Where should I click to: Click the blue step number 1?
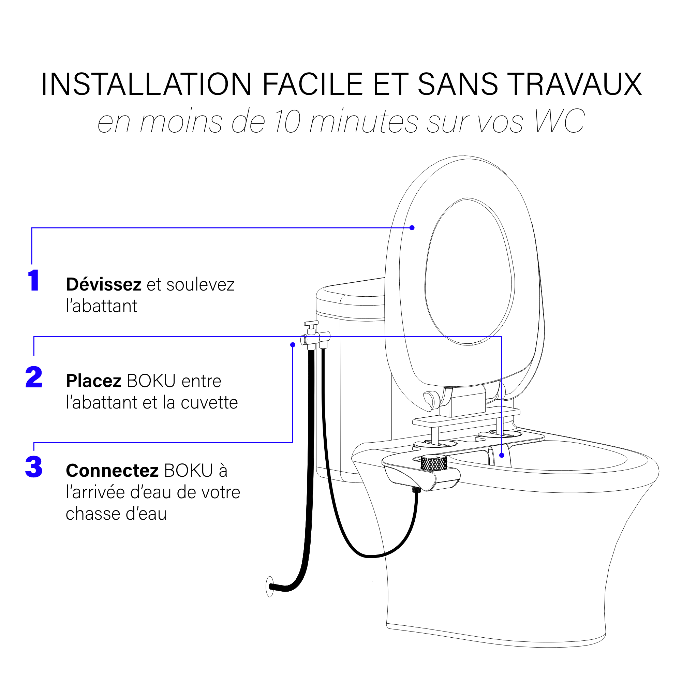[x=33, y=280]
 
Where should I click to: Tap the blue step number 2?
[x=34, y=377]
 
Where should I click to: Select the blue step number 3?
[x=34, y=467]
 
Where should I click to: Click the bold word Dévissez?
[x=104, y=284]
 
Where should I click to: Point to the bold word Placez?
[x=94, y=381]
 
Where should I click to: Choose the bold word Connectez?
[x=112, y=471]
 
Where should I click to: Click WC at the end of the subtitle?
[x=560, y=121]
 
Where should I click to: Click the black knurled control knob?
[x=434, y=463]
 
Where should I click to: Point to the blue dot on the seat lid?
[x=412, y=228]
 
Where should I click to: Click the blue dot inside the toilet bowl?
[x=502, y=455]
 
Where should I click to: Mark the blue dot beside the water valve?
[x=293, y=345]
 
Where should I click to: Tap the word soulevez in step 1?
[x=200, y=284]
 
